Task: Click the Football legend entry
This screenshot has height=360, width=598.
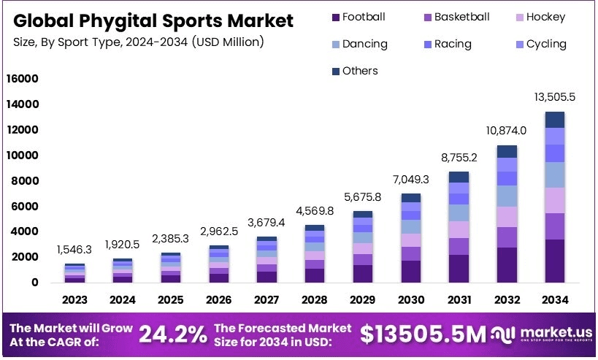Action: click(x=358, y=17)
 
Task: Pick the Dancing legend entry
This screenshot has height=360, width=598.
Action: click(x=358, y=44)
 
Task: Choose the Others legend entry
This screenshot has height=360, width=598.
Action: click(x=353, y=71)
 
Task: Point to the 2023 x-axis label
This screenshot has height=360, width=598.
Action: click(x=74, y=299)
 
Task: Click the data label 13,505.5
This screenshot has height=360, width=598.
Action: click(x=555, y=97)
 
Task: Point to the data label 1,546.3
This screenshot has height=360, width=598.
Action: click(x=74, y=250)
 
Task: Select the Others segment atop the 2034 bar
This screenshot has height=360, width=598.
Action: click(x=555, y=120)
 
